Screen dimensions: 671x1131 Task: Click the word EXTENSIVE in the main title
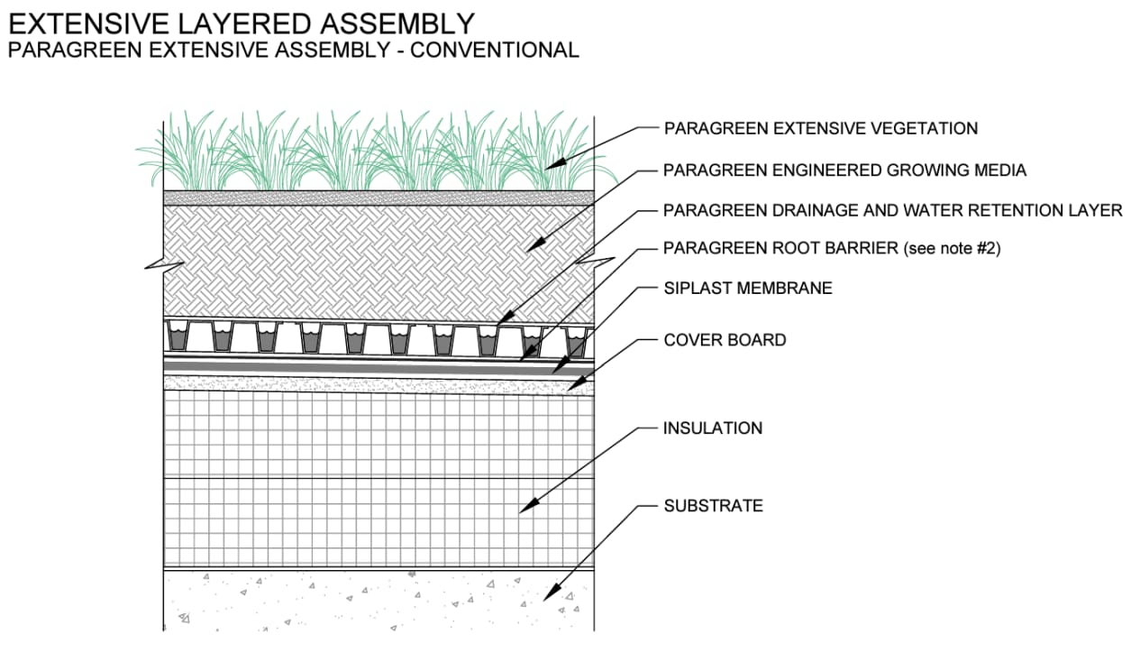(x=87, y=23)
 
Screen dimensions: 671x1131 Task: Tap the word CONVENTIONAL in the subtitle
(x=494, y=50)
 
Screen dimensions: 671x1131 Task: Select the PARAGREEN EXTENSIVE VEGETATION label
(x=820, y=128)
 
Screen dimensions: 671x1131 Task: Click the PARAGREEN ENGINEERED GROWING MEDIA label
(x=844, y=170)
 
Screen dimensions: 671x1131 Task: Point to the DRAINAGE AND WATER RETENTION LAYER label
(x=892, y=210)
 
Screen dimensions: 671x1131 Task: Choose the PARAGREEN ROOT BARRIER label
(x=780, y=248)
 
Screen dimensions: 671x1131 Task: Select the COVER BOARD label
(x=725, y=340)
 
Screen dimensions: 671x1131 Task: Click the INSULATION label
(x=712, y=428)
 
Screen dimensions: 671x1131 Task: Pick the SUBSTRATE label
(x=713, y=506)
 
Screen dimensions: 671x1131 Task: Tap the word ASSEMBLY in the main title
(x=390, y=23)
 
